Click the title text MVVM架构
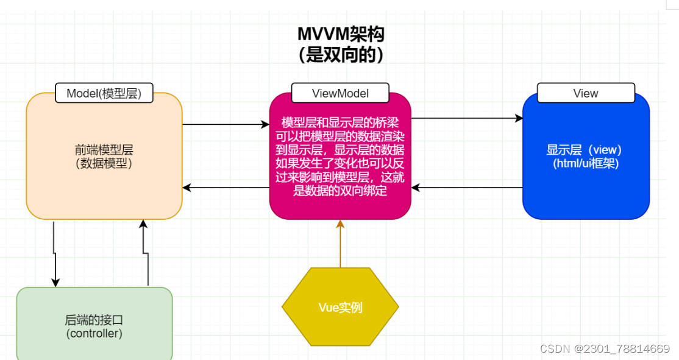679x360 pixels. (x=340, y=34)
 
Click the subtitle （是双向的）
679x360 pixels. (x=340, y=55)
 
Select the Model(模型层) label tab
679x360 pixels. (x=104, y=93)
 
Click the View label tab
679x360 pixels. (x=585, y=93)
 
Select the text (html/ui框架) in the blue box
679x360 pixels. (x=585, y=163)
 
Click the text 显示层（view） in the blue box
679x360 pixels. (x=585, y=150)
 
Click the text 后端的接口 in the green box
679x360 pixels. (x=94, y=320)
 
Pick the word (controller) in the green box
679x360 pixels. (x=94, y=334)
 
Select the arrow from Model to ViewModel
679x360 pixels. (x=226, y=124)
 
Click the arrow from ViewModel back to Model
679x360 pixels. (x=226, y=188)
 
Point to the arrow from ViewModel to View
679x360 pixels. (x=466, y=119)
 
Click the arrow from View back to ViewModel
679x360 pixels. (x=466, y=188)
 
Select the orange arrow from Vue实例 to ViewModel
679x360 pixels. (x=340, y=244)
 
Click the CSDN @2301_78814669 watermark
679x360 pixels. (x=605, y=348)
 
